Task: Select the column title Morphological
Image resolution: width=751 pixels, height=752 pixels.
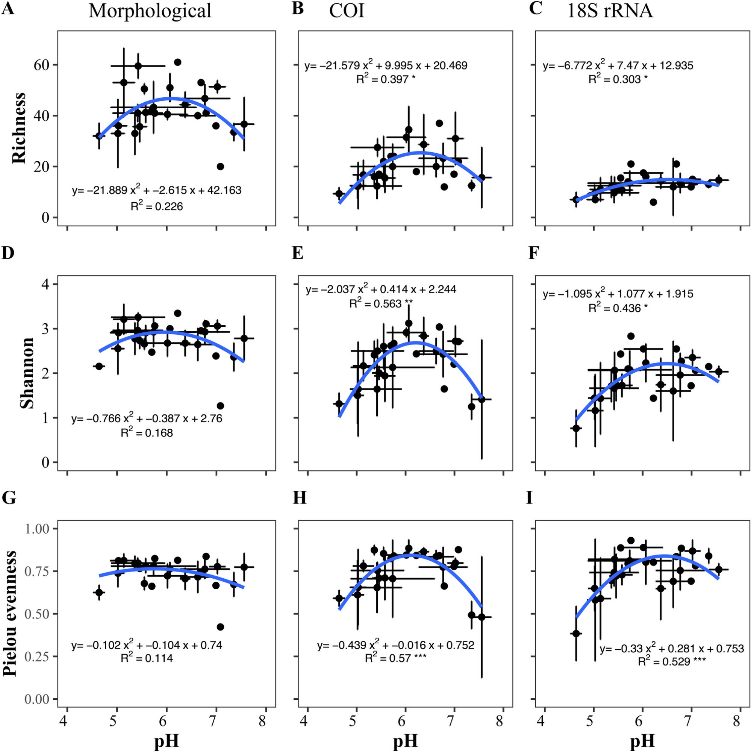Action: click(x=150, y=11)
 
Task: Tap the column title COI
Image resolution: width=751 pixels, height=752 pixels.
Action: click(x=347, y=11)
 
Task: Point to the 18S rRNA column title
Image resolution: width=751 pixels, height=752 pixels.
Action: click(x=610, y=11)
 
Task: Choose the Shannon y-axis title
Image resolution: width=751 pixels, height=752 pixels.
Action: click(x=27, y=373)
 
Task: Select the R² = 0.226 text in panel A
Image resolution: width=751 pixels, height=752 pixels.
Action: click(x=156, y=206)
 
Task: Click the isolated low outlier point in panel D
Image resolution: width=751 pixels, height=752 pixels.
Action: click(x=220, y=406)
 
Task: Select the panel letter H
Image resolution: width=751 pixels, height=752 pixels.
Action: click(x=299, y=498)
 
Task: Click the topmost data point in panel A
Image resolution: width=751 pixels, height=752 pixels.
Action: click(x=177, y=62)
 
